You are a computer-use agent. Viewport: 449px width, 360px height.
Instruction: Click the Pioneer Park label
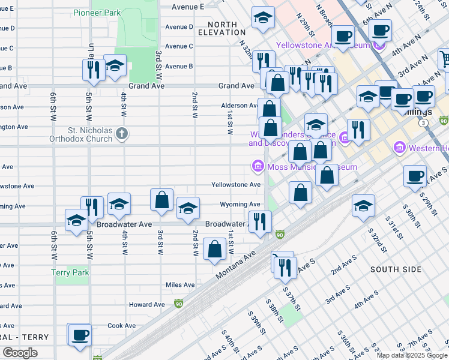[97, 13]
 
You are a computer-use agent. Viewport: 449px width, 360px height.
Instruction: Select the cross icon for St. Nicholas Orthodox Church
[122, 133]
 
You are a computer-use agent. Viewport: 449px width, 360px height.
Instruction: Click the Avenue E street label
[188, 7]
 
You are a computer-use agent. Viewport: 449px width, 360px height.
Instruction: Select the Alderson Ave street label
[240, 106]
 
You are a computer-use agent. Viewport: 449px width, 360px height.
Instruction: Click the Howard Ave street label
[146, 305]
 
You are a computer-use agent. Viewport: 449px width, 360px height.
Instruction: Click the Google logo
[20, 353]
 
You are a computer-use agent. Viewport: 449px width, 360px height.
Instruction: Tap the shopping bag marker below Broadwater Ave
[215, 250]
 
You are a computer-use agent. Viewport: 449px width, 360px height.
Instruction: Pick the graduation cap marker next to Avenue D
[263, 18]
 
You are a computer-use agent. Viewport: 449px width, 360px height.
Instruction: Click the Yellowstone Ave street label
[236, 185]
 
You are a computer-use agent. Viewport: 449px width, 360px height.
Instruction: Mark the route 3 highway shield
[424, 122]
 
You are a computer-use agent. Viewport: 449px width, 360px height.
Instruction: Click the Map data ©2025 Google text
[412, 355]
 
